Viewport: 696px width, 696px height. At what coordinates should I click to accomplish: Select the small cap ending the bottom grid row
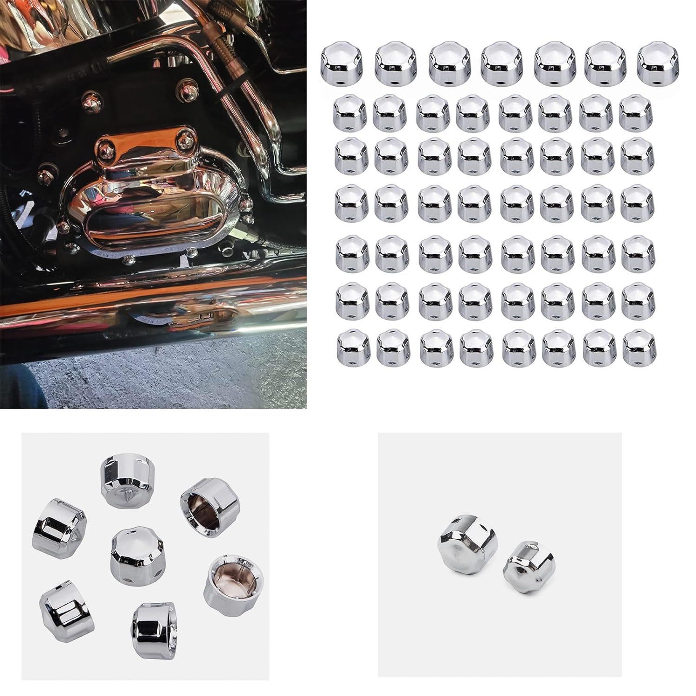pyautogui.click(x=639, y=346)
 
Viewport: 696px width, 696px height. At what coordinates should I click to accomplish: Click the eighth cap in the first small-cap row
pyautogui.click(x=636, y=112)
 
